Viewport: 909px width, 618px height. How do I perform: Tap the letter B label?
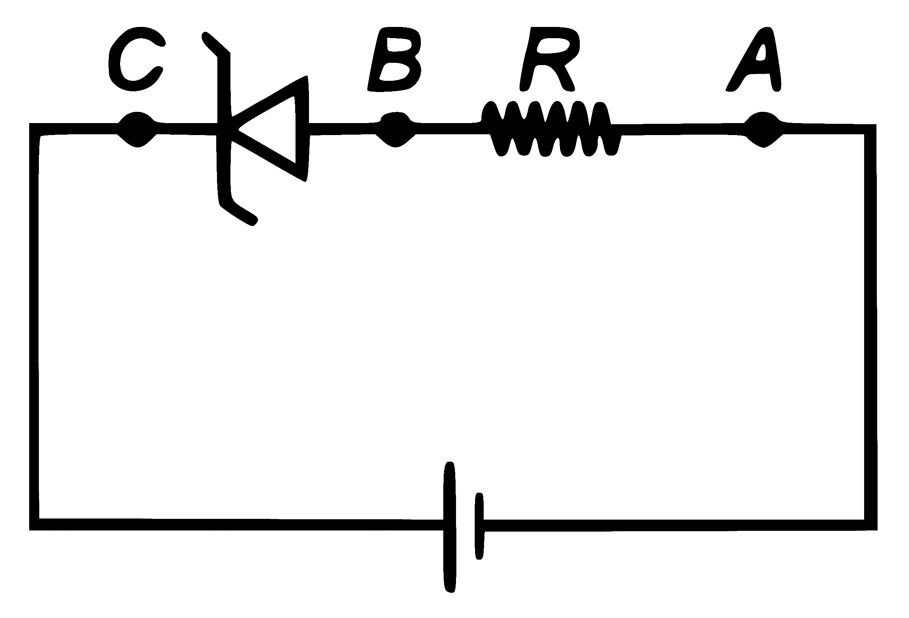pos(394,59)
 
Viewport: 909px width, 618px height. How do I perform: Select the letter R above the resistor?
pos(550,59)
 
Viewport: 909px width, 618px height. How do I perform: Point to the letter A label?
pos(753,59)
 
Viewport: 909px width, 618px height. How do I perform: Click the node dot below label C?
pos(137,129)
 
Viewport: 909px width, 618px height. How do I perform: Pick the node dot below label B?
pos(395,129)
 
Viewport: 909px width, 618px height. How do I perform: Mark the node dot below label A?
pos(763,129)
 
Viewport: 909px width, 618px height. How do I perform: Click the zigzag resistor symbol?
pos(551,129)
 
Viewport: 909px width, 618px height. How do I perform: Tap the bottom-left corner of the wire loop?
pos(34,525)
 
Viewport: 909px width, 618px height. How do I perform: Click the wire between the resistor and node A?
pos(682,129)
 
